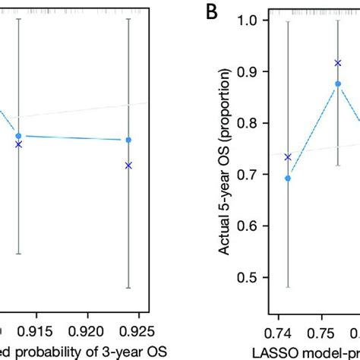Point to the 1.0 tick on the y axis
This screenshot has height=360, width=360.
[248, 21]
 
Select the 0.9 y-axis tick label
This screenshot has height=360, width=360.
[248, 71]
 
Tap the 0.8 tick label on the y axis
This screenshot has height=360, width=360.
[248, 123]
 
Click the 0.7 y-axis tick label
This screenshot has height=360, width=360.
[248, 175]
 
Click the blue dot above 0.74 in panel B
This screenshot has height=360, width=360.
[288, 178]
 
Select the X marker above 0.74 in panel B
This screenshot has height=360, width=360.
[288, 157]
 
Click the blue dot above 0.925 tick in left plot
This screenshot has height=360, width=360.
[128, 140]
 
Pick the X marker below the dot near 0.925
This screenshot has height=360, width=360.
[128, 165]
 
